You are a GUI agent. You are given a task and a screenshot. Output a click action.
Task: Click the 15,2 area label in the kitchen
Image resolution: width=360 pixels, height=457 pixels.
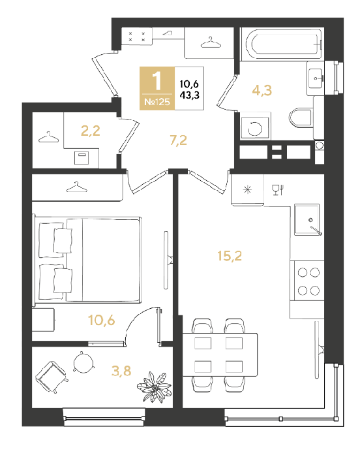point(230,256)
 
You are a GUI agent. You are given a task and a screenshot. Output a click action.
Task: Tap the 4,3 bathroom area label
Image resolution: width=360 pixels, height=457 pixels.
point(262,90)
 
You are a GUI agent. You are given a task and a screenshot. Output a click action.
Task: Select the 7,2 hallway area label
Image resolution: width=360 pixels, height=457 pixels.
point(178,140)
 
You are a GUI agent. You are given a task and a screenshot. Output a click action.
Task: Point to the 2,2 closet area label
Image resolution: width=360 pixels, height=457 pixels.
point(90,131)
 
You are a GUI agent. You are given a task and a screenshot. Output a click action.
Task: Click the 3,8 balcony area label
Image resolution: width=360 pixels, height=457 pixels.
point(121,371)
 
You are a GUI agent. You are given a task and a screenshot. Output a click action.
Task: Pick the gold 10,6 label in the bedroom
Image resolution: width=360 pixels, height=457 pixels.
point(101,321)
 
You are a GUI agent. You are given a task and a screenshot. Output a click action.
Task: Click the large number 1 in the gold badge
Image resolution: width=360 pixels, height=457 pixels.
point(157,81)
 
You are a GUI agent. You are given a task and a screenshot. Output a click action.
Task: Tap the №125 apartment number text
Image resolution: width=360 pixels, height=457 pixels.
point(157,102)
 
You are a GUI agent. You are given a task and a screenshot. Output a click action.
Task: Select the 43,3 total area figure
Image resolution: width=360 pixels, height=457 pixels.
point(189,95)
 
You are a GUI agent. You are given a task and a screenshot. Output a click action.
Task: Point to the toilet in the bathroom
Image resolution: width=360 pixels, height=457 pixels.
point(301,118)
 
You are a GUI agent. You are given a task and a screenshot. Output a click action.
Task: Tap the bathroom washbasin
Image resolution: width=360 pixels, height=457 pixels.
point(316,78)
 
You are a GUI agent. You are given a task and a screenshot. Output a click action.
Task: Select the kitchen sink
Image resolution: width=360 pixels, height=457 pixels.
point(307,219)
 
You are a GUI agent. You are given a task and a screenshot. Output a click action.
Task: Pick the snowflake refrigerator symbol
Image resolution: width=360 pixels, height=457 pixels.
point(247,190)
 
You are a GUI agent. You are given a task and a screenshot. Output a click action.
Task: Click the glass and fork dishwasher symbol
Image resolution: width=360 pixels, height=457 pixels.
point(278,190)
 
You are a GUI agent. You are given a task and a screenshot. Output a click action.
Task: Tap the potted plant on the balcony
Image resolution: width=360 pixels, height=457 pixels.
point(155,387)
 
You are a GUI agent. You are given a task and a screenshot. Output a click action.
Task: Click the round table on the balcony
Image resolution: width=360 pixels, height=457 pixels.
point(83,362)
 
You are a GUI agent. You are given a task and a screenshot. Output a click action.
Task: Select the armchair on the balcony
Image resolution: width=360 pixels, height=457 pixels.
point(52,377)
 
